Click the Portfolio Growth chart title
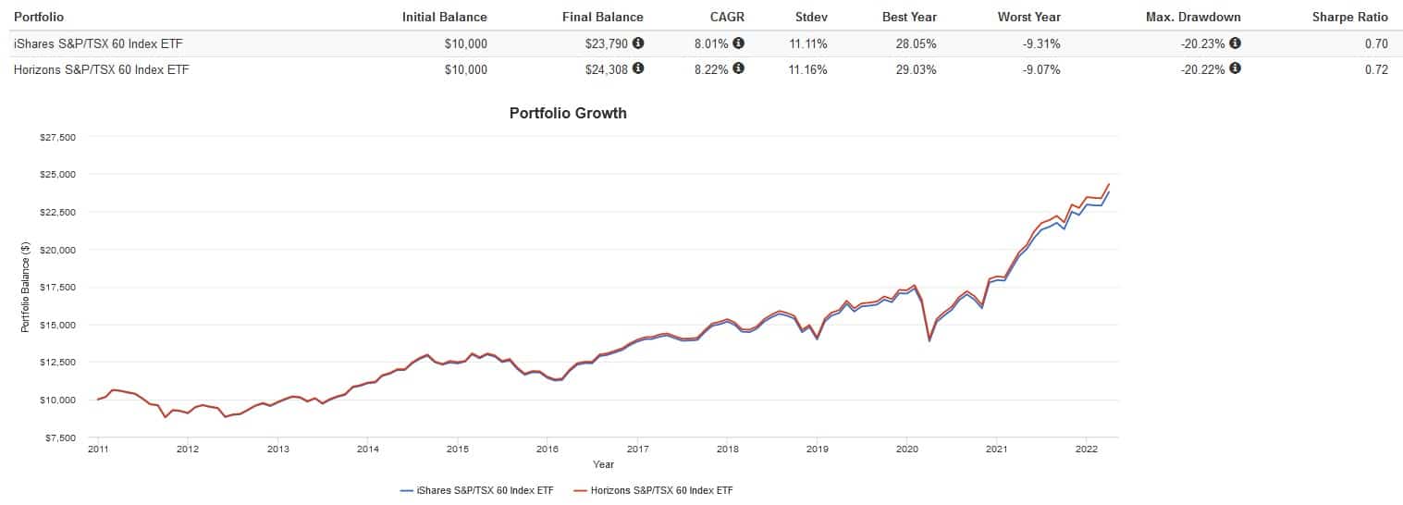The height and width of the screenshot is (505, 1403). pos(568,114)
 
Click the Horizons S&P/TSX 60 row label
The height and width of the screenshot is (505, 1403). pos(101,68)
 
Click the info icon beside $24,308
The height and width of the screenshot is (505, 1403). pos(638,68)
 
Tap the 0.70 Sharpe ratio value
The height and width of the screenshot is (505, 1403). pos(1376,43)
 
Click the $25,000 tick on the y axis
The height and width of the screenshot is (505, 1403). pos(58,175)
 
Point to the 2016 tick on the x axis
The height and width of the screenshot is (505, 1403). pos(547,450)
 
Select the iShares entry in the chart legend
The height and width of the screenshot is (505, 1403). pos(477,490)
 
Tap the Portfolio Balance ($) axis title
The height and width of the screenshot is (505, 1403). pos(26,288)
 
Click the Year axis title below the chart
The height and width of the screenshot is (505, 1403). pos(603,464)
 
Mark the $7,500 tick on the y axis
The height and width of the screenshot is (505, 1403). pos(61,437)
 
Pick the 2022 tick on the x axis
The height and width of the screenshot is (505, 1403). pos(1086,450)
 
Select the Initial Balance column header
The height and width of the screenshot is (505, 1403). pos(444,17)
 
